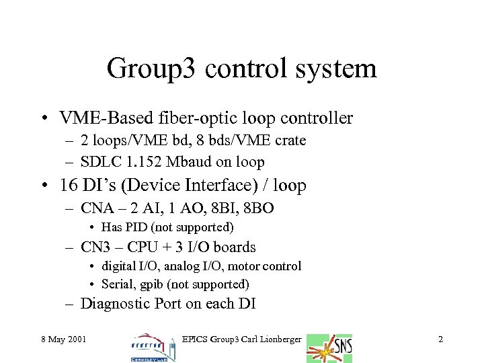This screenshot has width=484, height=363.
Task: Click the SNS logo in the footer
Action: click(x=329, y=348)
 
